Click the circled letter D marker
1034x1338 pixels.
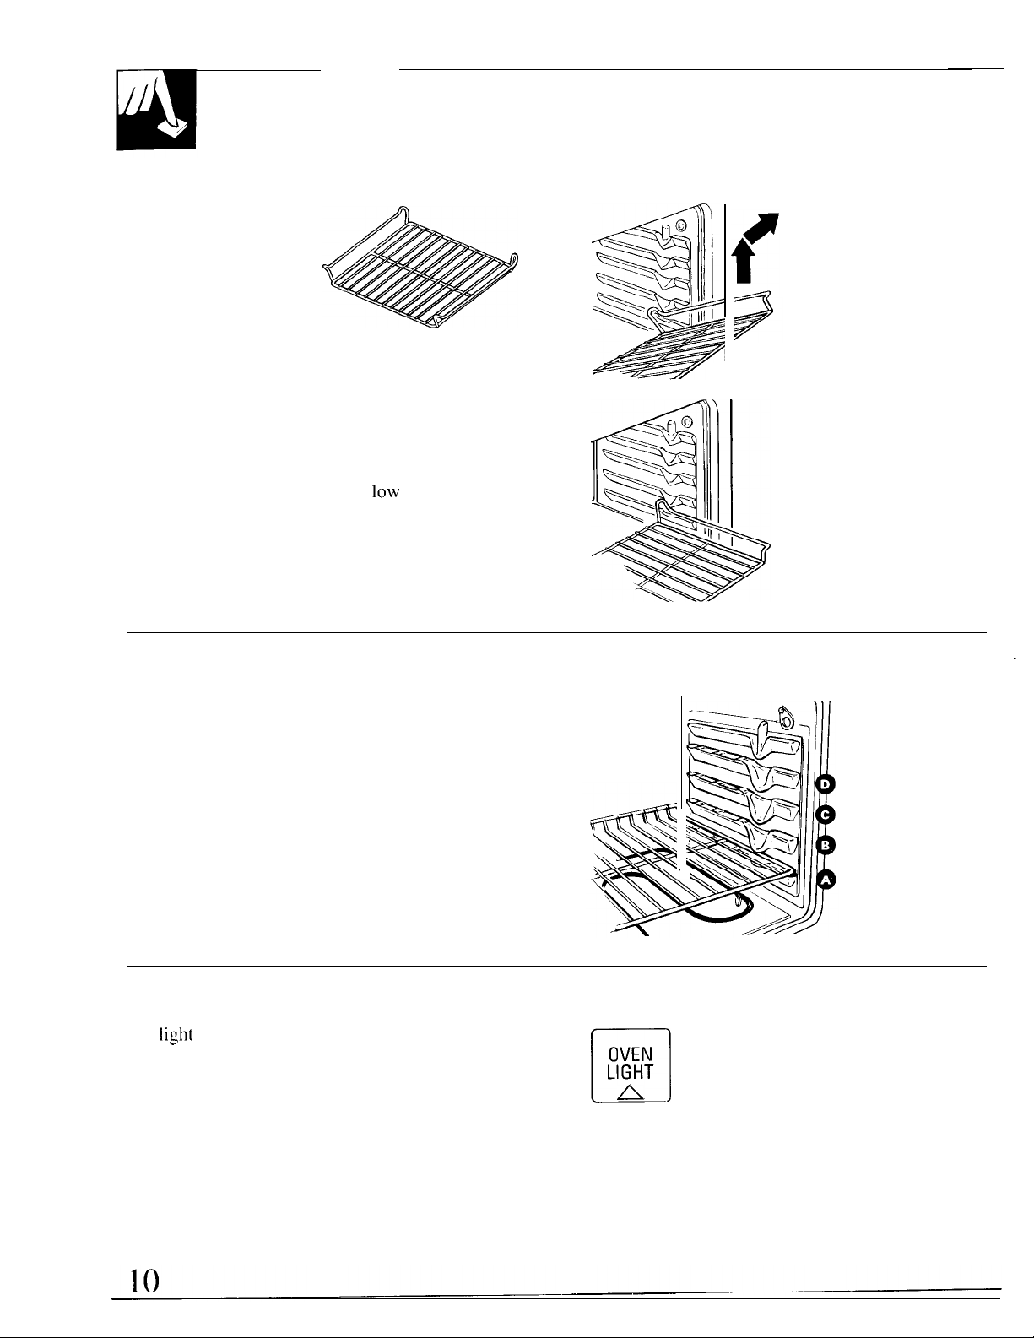(x=826, y=784)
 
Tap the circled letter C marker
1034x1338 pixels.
(x=826, y=815)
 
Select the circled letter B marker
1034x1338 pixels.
(x=826, y=845)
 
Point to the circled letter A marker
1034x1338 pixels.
(x=826, y=880)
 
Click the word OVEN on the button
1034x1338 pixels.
(x=631, y=1054)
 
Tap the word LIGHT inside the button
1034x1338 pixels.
(x=630, y=1073)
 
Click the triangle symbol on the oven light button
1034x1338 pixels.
(x=630, y=1092)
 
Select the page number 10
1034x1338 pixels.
(x=144, y=1280)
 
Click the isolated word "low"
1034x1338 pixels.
(x=386, y=491)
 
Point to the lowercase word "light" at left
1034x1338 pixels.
(x=176, y=1035)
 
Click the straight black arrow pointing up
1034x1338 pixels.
(x=744, y=263)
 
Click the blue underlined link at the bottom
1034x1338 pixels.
(x=167, y=1330)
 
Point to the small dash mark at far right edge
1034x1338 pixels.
(x=1015, y=658)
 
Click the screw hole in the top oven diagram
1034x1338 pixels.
(x=681, y=226)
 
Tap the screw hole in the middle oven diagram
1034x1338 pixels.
(x=687, y=422)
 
